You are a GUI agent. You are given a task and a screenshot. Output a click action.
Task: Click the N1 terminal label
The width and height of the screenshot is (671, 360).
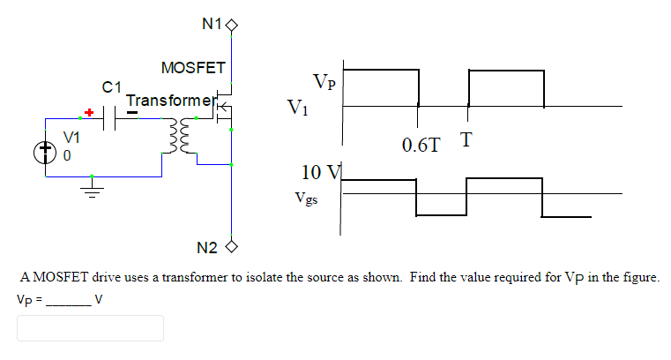(212, 25)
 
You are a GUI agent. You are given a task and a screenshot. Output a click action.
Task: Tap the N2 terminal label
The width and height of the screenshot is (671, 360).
(207, 246)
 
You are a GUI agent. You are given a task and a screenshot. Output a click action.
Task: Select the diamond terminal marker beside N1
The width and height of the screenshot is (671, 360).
(233, 25)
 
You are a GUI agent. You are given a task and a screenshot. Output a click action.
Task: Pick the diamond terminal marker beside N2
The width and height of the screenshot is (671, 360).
(233, 246)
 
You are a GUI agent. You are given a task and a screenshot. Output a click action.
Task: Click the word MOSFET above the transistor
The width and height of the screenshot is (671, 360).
(193, 68)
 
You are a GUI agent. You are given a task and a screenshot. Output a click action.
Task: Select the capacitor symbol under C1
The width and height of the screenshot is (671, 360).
(111, 118)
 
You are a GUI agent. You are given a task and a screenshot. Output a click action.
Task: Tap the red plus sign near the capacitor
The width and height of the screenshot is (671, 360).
(88, 113)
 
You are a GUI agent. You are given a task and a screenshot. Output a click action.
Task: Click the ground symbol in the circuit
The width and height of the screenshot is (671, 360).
(92, 187)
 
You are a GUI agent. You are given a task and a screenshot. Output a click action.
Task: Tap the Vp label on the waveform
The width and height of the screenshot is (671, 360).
(324, 82)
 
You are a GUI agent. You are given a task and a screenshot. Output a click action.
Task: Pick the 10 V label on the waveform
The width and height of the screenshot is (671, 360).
(317, 172)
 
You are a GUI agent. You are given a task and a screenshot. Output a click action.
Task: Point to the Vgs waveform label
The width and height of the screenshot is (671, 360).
(308, 199)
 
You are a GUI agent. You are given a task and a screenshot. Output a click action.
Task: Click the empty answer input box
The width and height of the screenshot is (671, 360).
(90, 328)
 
